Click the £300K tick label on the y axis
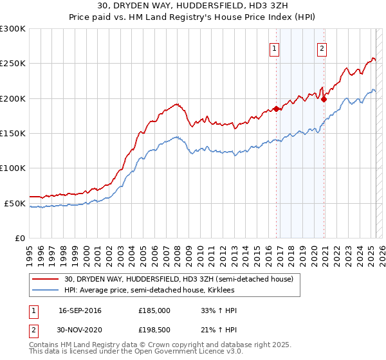pos(13,29)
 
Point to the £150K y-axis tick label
pos(13,134)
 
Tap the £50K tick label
pos(15,204)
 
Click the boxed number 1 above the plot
pos(275,47)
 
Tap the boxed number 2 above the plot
pos(322,47)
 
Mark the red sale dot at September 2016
pos(276,109)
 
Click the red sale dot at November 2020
pos(324,99)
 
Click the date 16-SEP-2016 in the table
pos(80,310)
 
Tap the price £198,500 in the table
pos(154,330)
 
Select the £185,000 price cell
pos(154,310)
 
